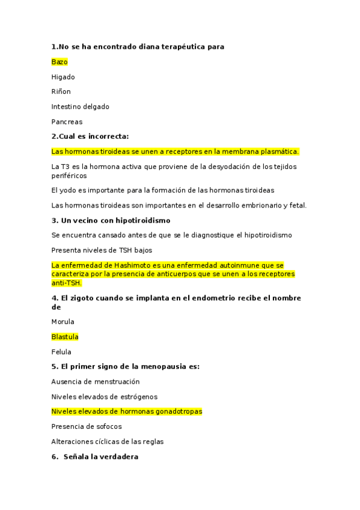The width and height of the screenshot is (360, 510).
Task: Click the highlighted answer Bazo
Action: tap(59, 62)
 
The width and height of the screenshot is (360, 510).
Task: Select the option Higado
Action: tap(63, 77)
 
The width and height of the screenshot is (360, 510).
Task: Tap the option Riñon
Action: tap(61, 92)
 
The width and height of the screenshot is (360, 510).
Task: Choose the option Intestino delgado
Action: tap(81, 107)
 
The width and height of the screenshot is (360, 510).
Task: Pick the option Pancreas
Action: tap(67, 122)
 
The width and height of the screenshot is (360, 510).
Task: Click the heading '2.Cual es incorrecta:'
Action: tap(90, 137)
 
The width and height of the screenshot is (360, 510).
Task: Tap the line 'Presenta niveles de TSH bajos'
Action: tap(102, 250)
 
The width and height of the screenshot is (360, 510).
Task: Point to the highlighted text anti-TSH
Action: tap(67, 283)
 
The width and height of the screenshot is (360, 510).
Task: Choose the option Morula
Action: tap(63, 322)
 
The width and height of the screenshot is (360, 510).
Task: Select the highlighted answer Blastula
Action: tap(65, 337)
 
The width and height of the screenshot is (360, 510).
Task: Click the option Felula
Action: tap(61, 352)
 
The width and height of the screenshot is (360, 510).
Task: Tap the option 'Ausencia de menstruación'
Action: tap(96, 382)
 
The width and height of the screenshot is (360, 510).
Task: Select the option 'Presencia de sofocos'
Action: tap(87, 427)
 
